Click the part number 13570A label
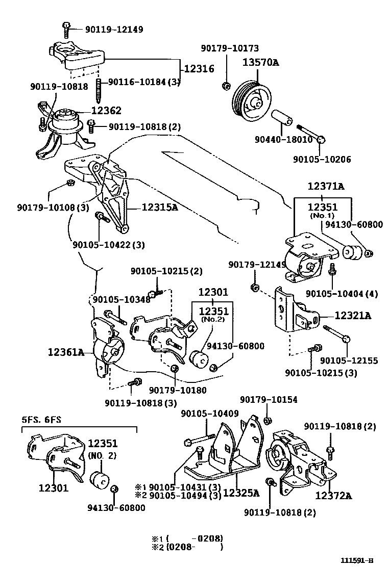tap(260, 63)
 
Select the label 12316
tap(199, 69)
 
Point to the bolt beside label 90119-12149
tap(66, 30)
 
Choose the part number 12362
tap(106, 110)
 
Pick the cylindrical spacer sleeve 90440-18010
tap(281, 118)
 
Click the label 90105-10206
tap(322, 159)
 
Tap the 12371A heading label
tap(326, 187)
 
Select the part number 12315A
tap(159, 208)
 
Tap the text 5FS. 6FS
tap(41, 420)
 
